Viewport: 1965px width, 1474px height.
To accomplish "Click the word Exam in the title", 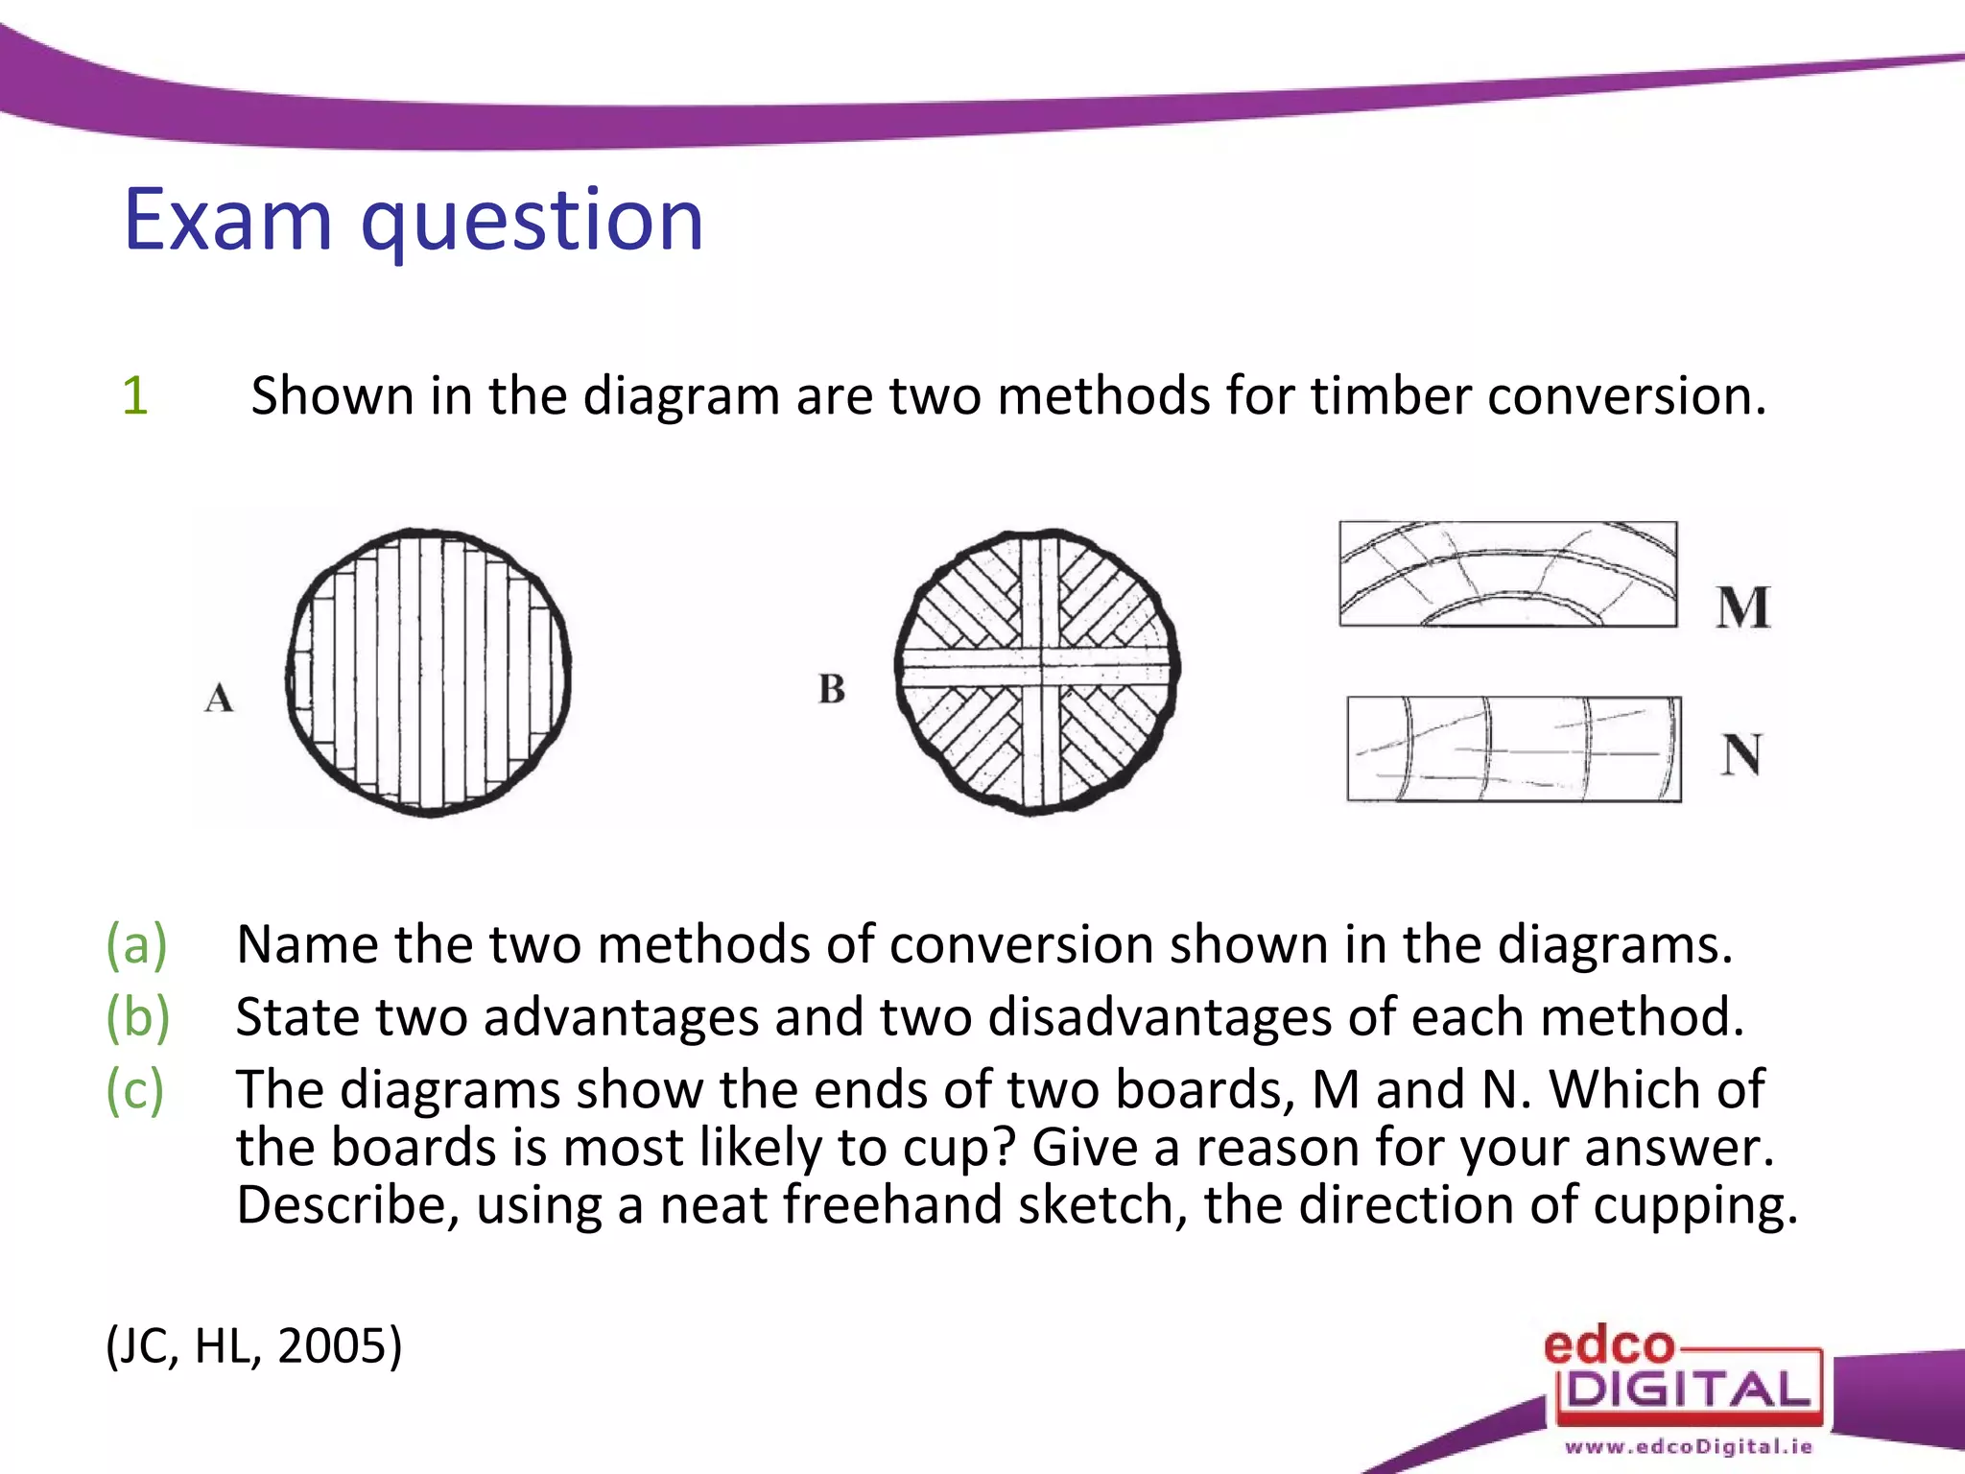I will tap(227, 221).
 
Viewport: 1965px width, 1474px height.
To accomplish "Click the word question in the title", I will tap(533, 223).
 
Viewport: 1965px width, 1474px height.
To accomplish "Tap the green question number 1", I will tap(135, 395).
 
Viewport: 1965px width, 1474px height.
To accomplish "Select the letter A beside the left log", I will tap(219, 698).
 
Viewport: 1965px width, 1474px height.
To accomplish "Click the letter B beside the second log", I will tap(832, 689).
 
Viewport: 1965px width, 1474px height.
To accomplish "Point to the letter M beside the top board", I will tap(1742, 606).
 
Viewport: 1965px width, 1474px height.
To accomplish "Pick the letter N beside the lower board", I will tap(1741, 754).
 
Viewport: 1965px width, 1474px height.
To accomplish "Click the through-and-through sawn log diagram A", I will tap(428, 672).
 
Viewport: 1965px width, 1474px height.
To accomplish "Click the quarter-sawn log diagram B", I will tap(1037, 672).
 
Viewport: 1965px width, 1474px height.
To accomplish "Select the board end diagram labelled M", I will tap(1508, 574).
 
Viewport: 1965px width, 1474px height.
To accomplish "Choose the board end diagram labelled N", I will tap(1514, 749).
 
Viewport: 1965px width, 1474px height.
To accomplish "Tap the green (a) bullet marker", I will tap(136, 944).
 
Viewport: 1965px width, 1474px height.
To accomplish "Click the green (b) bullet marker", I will tap(137, 1016).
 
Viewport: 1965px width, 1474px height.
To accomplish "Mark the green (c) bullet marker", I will tap(135, 1089).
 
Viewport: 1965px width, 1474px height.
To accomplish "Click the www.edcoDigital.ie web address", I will tap(1689, 1446).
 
